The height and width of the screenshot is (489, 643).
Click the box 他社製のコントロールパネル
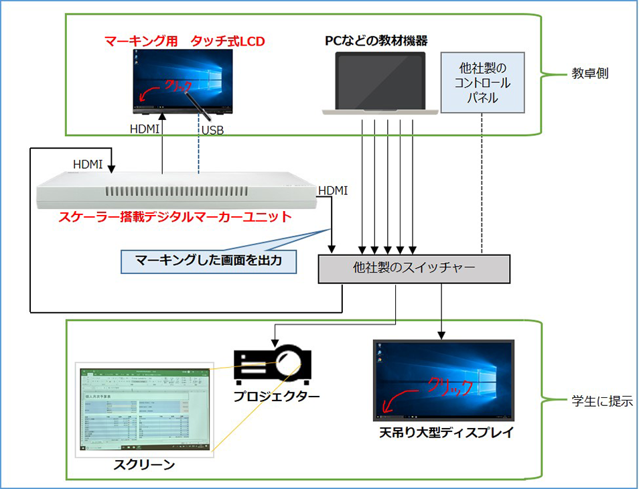(482, 84)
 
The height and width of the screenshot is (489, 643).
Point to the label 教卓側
(589, 74)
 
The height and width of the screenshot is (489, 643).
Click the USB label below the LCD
(212, 130)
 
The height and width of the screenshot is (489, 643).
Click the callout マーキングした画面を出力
(208, 261)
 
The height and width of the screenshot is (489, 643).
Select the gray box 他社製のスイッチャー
(413, 269)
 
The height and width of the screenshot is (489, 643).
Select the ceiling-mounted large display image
(443, 380)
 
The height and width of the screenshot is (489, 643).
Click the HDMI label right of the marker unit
(333, 191)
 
